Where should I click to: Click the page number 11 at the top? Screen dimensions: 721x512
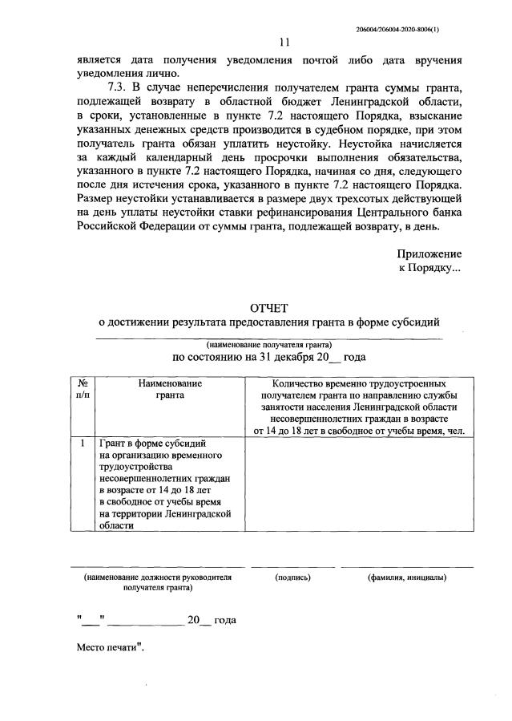[284, 43]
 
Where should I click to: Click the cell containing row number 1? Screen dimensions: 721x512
[83, 443]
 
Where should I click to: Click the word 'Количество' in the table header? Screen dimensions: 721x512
[296, 384]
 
